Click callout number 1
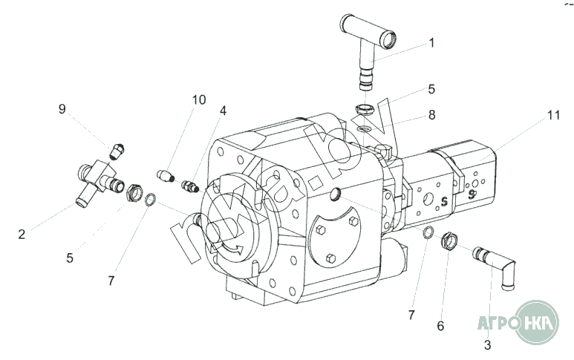(x=431, y=43)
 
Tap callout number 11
(x=553, y=115)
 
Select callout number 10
(x=199, y=99)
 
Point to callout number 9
(x=62, y=108)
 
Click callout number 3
(x=487, y=344)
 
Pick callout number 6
(x=440, y=326)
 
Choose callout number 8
(x=432, y=115)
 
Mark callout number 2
(x=22, y=234)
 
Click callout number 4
(x=223, y=111)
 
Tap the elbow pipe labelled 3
(x=495, y=267)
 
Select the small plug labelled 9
(x=117, y=151)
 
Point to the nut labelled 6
(x=449, y=240)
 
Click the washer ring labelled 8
(x=365, y=128)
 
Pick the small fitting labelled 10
(x=165, y=176)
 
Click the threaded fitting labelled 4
(x=190, y=186)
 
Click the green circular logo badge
(x=537, y=322)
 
